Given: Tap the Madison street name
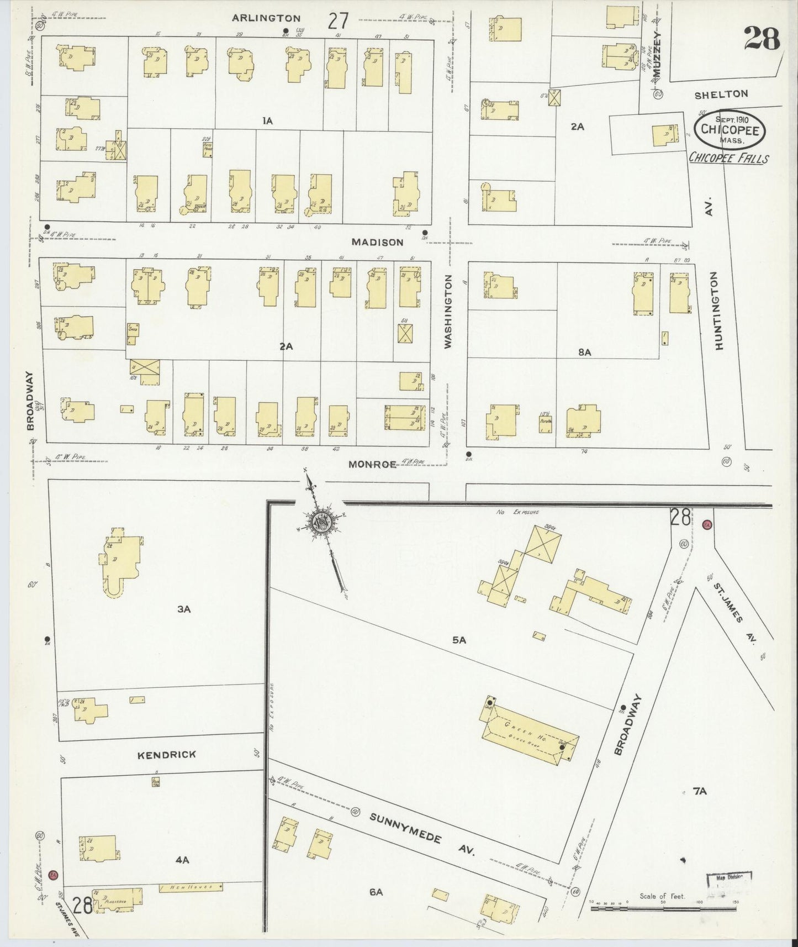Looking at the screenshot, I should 378,242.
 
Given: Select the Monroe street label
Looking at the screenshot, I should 372,464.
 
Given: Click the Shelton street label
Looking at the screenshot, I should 721,94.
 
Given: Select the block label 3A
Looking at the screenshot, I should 183,609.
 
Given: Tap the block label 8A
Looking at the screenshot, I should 584,352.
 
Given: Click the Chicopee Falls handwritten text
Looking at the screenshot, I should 728,158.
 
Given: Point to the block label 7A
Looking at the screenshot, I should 699,791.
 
